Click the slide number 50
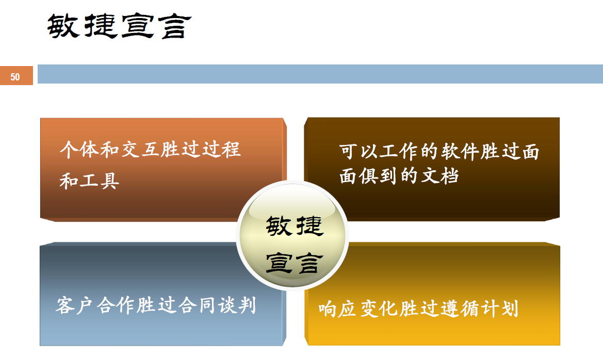pyautogui.click(x=15, y=77)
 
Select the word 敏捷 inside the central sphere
pyautogui.click(x=294, y=226)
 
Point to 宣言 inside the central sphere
pyautogui.click(x=294, y=263)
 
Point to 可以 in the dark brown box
pyautogui.click(x=358, y=152)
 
